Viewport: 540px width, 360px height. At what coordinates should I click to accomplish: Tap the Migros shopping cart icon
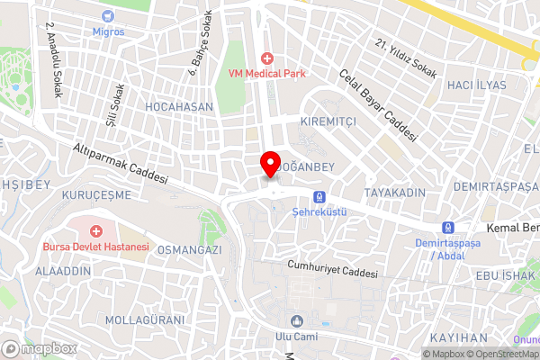click(109, 16)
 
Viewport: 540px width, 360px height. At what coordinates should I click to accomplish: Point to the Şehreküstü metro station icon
click(319, 197)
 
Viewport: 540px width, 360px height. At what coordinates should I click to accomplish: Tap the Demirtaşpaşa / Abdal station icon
click(447, 227)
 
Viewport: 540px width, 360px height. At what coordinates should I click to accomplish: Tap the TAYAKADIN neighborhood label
click(394, 193)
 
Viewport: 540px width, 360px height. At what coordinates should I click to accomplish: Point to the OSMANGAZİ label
click(189, 250)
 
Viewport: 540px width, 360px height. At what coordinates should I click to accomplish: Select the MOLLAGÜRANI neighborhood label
click(145, 319)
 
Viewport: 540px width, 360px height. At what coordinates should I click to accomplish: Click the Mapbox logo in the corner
click(40, 348)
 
